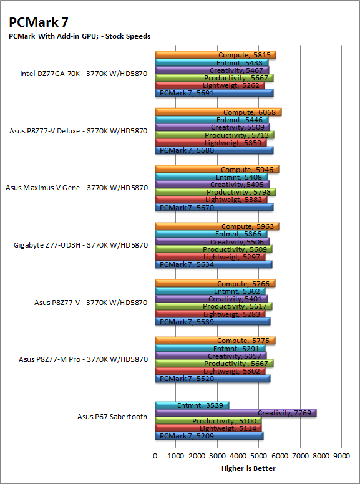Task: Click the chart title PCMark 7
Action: (39, 22)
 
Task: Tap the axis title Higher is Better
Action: (248, 468)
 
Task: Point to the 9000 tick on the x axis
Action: (341, 456)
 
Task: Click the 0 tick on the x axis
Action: (155, 456)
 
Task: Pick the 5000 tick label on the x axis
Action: (258, 456)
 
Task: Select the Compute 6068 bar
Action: (218, 112)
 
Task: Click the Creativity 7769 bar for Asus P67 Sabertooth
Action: (236, 413)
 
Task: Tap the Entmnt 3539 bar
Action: (192, 405)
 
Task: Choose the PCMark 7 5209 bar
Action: (210, 436)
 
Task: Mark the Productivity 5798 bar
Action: (215, 192)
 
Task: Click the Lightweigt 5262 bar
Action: (210, 85)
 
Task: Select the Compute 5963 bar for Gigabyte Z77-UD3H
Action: (217, 226)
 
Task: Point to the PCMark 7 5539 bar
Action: (213, 322)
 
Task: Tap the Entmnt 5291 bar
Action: (210, 349)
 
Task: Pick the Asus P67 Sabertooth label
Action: (112, 417)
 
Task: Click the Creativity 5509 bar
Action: (212, 127)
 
